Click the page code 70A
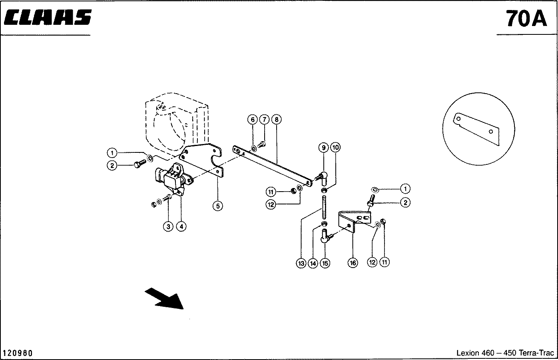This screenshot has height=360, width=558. point(526,18)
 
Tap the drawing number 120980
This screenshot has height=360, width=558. point(18,353)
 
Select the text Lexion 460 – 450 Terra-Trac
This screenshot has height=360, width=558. point(505,353)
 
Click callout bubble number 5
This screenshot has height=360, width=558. point(217,206)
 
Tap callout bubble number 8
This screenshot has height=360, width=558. point(276,119)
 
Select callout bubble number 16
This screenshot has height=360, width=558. point(353,263)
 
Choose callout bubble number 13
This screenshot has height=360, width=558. point(301,263)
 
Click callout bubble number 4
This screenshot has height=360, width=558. point(181,226)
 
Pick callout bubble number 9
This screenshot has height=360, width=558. point(323,148)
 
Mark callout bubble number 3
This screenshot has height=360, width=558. point(168,226)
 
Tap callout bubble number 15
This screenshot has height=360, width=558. point(325,263)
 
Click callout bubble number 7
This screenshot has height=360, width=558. point(264,119)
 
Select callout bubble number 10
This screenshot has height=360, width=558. point(336,148)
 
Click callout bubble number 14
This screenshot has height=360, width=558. point(313,263)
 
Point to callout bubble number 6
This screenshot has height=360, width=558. point(252,119)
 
